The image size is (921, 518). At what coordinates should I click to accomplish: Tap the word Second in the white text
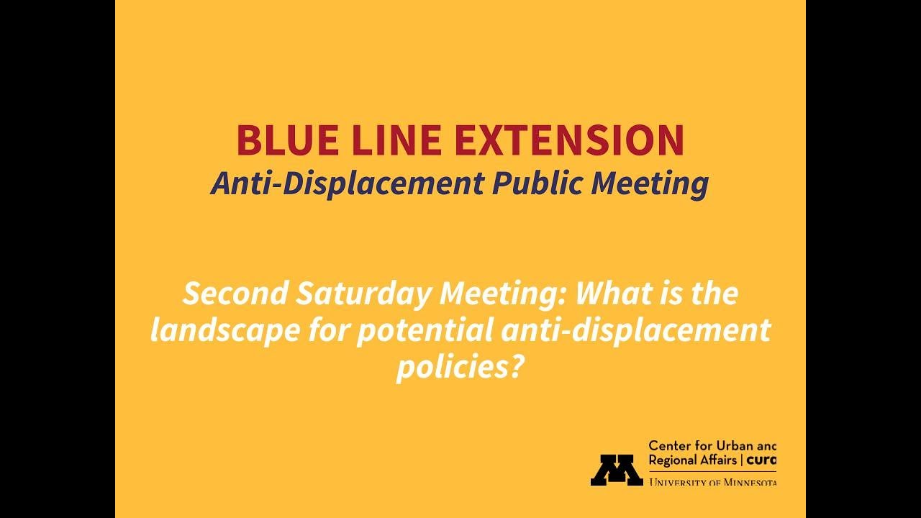click(236, 294)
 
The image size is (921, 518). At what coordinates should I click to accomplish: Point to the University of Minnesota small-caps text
click(712, 481)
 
